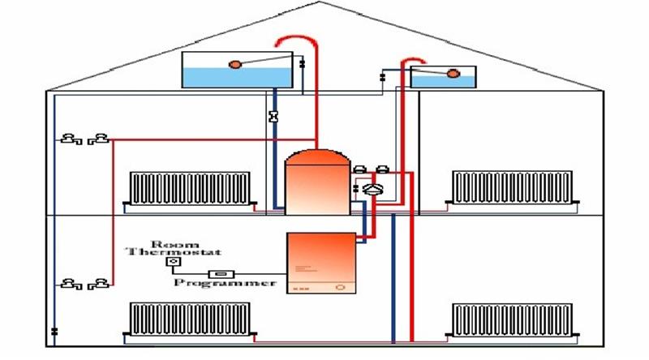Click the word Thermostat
click(174, 251)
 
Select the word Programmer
click(225, 283)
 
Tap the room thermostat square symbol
click(174, 262)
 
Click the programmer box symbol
click(221, 274)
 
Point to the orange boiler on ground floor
click(321, 264)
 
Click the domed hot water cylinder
click(317, 182)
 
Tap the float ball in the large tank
click(234, 65)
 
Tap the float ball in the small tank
click(453, 74)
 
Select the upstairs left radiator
click(190, 188)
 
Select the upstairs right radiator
click(512, 187)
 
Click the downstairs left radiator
click(190, 319)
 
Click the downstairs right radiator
click(512, 319)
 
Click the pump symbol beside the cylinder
click(372, 189)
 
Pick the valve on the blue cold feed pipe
click(273, 117)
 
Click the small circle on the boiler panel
click(340, 287)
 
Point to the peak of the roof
click(319, 2)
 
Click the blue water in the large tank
click(237, 77)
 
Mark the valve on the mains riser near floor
click(54, 331)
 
